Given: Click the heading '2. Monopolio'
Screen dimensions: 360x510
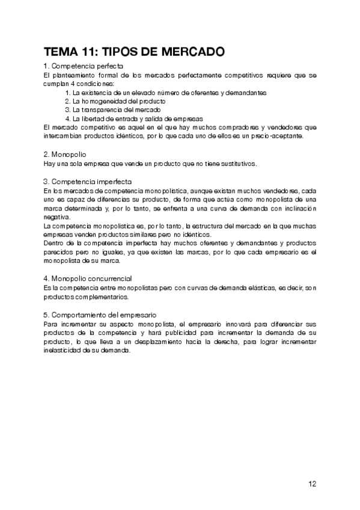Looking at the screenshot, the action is point(64,154).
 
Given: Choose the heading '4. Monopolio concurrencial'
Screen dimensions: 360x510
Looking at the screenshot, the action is point(88,278).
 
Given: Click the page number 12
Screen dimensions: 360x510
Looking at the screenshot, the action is point(313,483).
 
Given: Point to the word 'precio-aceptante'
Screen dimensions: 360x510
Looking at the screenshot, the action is point(279,136).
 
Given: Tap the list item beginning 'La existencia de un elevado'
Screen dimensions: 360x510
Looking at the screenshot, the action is point(165,93).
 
